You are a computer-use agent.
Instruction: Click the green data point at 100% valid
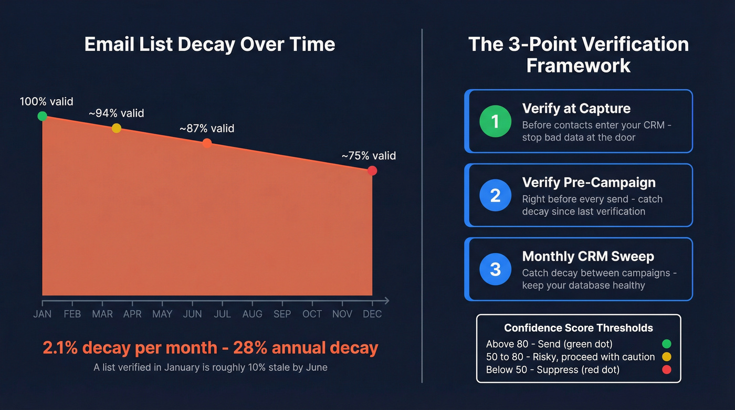(43, 116)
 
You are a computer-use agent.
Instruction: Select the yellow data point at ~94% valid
(117, 128)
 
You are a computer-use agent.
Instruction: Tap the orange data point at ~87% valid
(207, 143)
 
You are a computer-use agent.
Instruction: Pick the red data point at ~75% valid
(372, 171)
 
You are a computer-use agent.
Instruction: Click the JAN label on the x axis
(43, 314)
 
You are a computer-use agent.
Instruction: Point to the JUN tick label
(193, 314)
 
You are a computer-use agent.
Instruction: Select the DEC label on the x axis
(372, 314)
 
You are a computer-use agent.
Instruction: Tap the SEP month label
(282, 314)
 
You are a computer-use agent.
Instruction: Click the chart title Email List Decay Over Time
(209, 44)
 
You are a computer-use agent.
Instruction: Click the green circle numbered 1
(495, 121)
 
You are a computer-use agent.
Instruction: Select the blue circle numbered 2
(495, 195)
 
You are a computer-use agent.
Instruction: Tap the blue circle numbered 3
(495, 269)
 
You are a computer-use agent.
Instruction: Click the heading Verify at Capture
(576, 109)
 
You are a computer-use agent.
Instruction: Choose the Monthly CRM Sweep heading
(588, 256)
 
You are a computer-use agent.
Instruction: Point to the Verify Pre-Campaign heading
(589, 182)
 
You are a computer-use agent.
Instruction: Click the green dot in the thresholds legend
(667, 344)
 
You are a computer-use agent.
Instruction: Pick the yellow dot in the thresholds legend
(667, 357)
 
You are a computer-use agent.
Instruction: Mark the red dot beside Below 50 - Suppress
(667, 370)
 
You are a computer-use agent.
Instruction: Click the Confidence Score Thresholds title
(579, 328)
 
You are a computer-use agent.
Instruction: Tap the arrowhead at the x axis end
(386, 301)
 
